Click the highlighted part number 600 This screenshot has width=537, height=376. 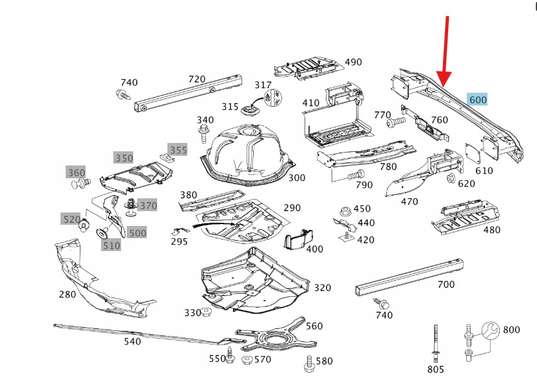pyautogui.click(x=478, y=99)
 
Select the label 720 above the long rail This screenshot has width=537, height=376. pyautogui.click(x=196, y=79)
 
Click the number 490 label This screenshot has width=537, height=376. pyautogui.click(x=353, y=62)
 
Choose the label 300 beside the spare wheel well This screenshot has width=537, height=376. pyautogui.click(x=297, y=178)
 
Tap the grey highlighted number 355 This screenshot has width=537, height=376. pyautogui.click(x=178, y=150)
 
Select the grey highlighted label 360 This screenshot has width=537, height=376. pyautogui.click(x=76, y=173)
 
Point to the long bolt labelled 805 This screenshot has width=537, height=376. pyautogui.click(x=436, y=344)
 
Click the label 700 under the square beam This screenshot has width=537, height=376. pyautogui.click(x=446, y=284)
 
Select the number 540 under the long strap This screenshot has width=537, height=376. pyautogui.click(x=132, y=341)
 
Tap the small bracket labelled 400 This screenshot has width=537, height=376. pyautogui.click(x=296, y=241)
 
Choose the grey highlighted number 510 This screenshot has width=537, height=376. pyautogui.click(x=111, y=245)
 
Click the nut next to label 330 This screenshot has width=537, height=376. pyautogui.click(x=207, y=312)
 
